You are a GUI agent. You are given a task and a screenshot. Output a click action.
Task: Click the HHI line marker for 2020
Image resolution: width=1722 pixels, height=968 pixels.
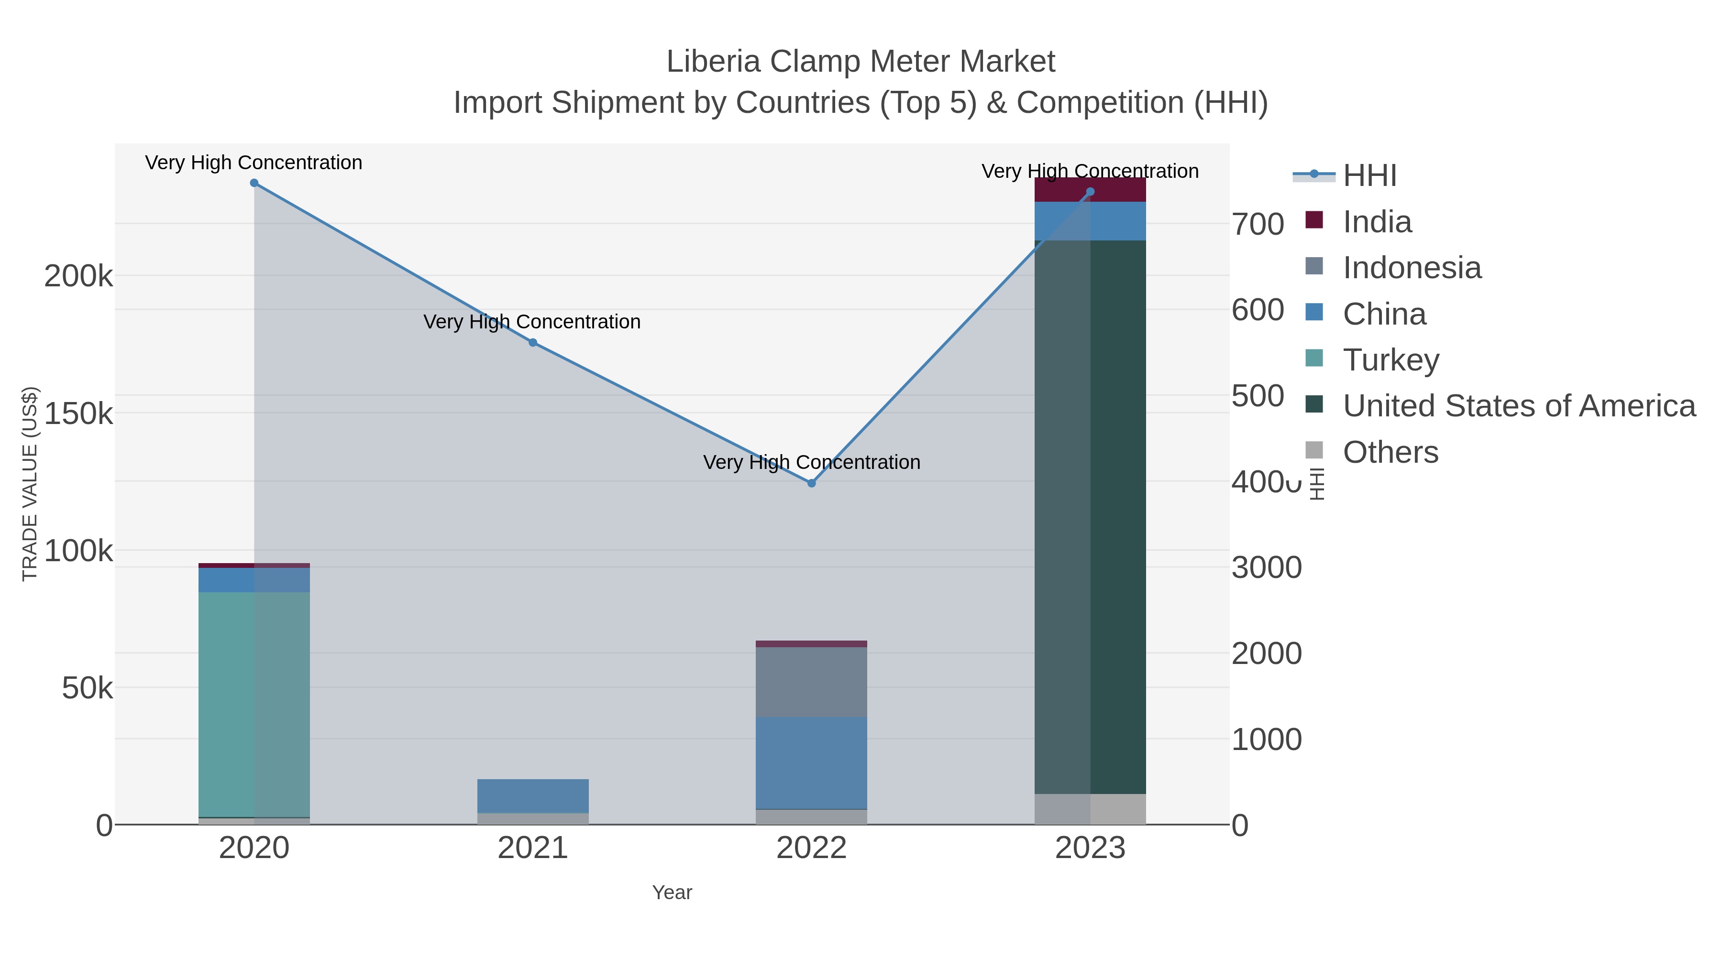click(254, 183)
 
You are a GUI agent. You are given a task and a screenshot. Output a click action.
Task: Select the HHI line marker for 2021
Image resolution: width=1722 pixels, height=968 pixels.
click(533, 343)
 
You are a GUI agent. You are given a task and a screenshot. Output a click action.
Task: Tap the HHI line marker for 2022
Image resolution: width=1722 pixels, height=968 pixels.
click(812, 483)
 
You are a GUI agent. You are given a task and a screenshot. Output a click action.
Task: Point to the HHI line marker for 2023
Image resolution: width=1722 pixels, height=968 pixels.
click(1090, 192)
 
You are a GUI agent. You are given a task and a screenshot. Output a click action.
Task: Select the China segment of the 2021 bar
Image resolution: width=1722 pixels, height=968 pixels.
click(533, 795)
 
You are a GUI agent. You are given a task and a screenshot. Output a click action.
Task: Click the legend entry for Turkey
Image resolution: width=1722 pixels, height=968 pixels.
click(1391, 360)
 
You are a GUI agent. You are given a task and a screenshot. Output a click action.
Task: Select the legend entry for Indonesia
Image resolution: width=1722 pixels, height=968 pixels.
click(1412, 268)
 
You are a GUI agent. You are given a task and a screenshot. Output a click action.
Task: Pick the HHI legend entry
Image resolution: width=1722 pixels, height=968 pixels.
click(1369, 176)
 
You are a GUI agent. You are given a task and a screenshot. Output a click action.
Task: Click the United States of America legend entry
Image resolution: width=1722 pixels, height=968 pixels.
click(1519, 406)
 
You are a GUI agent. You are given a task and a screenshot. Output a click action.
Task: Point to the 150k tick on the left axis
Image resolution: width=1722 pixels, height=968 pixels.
click(79, 414)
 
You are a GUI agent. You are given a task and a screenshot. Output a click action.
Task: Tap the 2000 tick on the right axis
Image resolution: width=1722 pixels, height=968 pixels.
click(1266, 653)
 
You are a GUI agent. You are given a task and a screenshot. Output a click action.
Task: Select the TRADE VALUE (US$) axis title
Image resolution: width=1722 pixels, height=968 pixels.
click(30, 484)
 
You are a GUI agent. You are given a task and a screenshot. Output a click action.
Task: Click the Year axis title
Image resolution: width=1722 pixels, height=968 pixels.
click(672, 892)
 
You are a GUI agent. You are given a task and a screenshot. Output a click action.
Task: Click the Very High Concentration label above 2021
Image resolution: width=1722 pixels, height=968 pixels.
click(532, 322)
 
